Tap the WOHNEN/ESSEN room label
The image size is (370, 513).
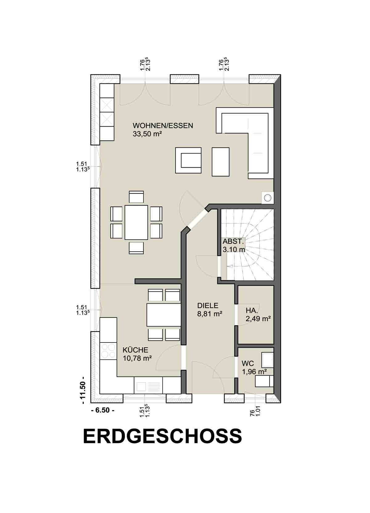pos(163,125)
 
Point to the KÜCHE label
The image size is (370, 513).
pos(135,350)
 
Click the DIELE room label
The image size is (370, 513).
pos(208,306)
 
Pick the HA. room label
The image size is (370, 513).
pos(252,310)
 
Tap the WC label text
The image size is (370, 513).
pos(248,364)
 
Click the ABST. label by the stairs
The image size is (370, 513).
pos(232,241)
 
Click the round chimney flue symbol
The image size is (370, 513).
pos(268,197)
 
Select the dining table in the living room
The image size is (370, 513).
pos(136,222)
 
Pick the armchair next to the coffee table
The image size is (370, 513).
pos(188,160)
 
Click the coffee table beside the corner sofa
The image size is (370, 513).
pos(220,162)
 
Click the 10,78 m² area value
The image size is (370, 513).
pos(138,358)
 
